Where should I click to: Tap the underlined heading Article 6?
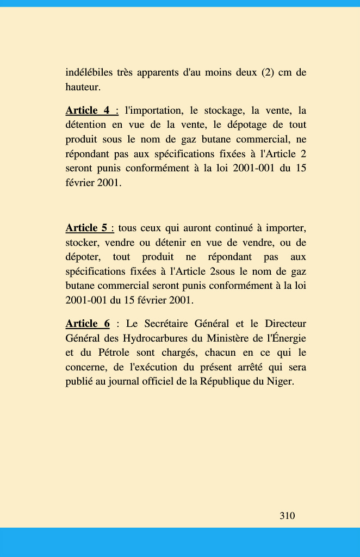point(88,324)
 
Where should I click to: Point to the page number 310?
point(287,516)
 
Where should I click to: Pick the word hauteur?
point(83,87)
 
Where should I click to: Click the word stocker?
point(82,242)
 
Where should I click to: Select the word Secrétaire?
point(168,324)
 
